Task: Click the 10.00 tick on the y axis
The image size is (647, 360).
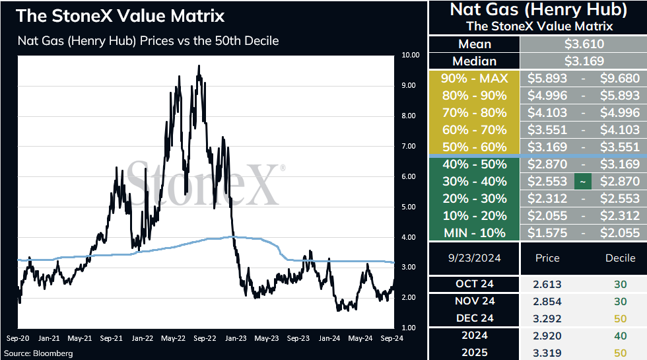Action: [x=410, y=55]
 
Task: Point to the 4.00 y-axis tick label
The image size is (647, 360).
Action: [x=409, y=237]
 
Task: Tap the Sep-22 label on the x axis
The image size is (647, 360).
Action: [x=205, y=338]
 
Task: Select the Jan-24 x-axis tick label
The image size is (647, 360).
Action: [x=329, y=338]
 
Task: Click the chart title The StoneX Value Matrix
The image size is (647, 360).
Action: [x=120, y=16]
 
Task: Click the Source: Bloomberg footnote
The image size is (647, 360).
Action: [x=38, y=353]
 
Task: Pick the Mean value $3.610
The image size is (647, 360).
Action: [x=584, y=44]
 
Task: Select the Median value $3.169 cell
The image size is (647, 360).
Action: [x=584, y=61]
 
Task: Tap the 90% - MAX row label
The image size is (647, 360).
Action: [x=475, y=78]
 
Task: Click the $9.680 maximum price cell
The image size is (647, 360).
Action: [x=620, y=78]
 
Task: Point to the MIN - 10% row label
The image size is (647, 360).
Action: [x=475, y=233]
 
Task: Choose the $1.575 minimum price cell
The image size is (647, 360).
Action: [x=547, y=233]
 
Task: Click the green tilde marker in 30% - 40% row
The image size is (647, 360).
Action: [x=582, y=181]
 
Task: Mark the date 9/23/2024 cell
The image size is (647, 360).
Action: [x=474, y=258]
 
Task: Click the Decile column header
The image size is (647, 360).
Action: [x=620, y=258]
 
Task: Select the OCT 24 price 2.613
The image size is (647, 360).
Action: [x=547, y=285]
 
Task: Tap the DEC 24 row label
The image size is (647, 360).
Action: [x=475, y=318]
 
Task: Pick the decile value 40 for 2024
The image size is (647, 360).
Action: [x=620, y=336]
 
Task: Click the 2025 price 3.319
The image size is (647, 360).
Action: [x=547, y=353]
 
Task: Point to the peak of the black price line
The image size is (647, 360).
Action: [x=199, y=65]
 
